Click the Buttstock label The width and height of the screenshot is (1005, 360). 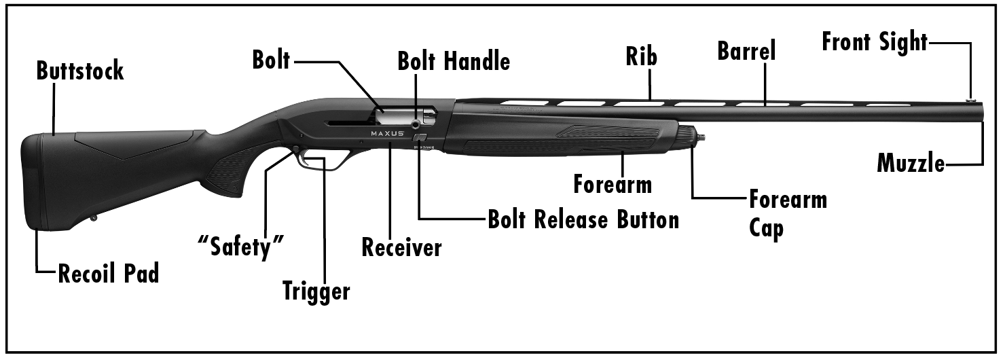pos(80,71)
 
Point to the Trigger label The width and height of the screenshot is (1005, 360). pos(316,291)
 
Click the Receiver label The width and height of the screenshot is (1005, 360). pos(401,248)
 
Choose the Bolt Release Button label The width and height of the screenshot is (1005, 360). pos(583,219)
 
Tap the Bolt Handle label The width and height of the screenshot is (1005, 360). pos(454,62)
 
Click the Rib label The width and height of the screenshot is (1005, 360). pos(642,57)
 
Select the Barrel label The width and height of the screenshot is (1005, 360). pos(746,51)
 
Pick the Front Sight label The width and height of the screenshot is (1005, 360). pos(875,41)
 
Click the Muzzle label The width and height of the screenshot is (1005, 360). pos(911,164)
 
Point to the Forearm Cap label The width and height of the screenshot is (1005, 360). pos(788,213)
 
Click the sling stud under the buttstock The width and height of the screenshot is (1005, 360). pos(94,219)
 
